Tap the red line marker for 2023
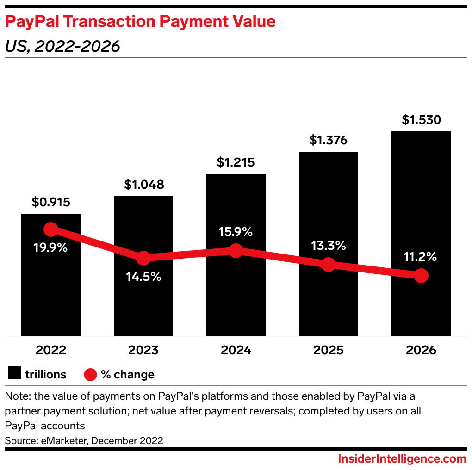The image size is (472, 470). click(x=143, y=258)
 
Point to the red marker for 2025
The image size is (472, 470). click(x=328, y=265)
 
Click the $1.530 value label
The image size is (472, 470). click(x=421, y=120)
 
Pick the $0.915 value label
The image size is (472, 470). click(x=51, y=202)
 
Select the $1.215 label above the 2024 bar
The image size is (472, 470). click(x=236, y=163)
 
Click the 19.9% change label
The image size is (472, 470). click(x=50, y=247)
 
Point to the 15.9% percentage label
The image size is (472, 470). click(x=236, y=232)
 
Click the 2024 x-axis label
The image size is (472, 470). click(x=236, y=350)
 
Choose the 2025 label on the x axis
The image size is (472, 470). click(x=328, y=350)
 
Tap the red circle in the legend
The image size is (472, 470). click(x=91, y=374)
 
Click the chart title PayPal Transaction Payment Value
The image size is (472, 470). click(x=140, y=22)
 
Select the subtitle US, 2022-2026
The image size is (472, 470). click(x=62, y=46)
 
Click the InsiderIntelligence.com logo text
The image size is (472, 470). click(x=402, y=459)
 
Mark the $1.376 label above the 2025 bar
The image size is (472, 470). click(x=328, y=140)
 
